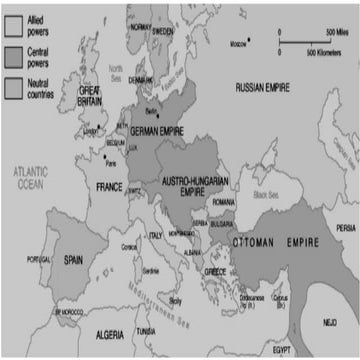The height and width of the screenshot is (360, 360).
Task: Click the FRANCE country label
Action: click(x=108, y=186)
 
